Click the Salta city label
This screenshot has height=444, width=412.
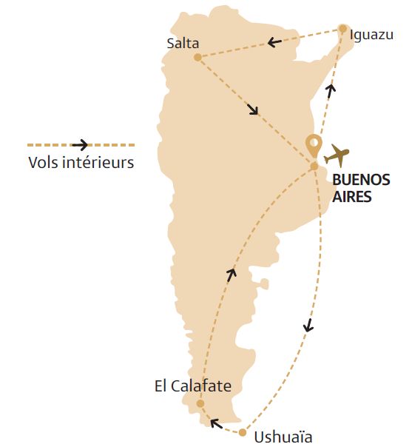coord(184,43)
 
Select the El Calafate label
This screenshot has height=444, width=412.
coord(193,386)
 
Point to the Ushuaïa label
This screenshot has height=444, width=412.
coord(283,437)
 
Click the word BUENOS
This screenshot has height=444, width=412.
coord(359,180)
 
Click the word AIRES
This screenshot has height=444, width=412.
coord(351,197)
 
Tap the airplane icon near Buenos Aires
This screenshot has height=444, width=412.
coord(337,155)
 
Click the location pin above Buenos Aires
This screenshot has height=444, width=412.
coord(314,145)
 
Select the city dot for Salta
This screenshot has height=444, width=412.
coord(197,57)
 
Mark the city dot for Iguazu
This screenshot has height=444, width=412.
coord(342,30)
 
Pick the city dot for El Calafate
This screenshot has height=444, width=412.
coord(200,403)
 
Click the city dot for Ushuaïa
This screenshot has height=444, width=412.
coord(242,432)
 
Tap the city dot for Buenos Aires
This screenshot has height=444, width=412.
coord(314,166)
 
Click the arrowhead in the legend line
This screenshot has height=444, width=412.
coord(79,145)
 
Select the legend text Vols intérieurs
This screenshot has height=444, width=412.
coord(81,162)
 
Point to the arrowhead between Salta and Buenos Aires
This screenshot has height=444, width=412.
coord(253,110)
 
